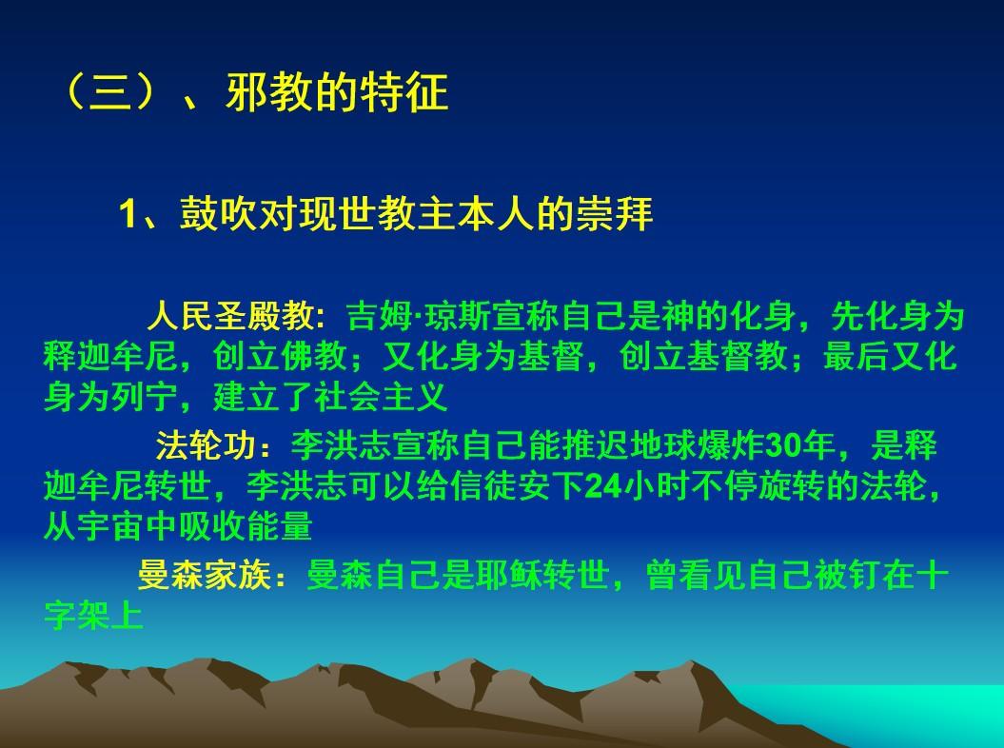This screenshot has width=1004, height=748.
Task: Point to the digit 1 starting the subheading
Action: click(128, 214)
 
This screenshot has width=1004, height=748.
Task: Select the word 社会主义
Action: click(381, 398)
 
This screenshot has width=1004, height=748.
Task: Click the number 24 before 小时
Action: click(603, 487)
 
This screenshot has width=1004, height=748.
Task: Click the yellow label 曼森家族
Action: click(205, 575)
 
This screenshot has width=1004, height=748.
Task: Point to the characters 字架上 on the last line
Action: click(93, 616)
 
